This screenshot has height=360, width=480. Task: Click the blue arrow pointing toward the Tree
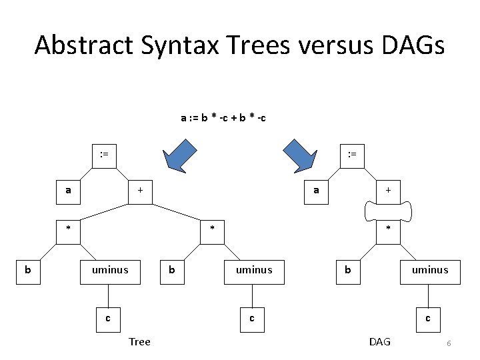(183, 156)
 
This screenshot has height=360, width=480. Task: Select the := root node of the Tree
(103, 155)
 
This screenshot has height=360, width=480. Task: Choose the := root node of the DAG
(352, 155)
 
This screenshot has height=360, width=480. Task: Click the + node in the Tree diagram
(140, 190)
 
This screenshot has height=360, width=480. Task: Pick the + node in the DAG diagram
(388, 190)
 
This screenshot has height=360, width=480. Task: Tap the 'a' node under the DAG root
(317, 190)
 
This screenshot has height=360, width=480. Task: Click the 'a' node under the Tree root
(68, 190)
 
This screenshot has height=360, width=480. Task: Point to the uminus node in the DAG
(430, 270)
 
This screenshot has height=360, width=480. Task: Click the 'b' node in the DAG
(347, 270)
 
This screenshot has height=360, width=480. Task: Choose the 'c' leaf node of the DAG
(428, 318)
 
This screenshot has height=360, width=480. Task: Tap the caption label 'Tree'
(139, 342)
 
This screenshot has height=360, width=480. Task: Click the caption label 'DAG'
(379, 342)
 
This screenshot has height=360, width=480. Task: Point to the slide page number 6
(449, 343)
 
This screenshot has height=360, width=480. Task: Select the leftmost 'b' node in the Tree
(27, 270)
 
